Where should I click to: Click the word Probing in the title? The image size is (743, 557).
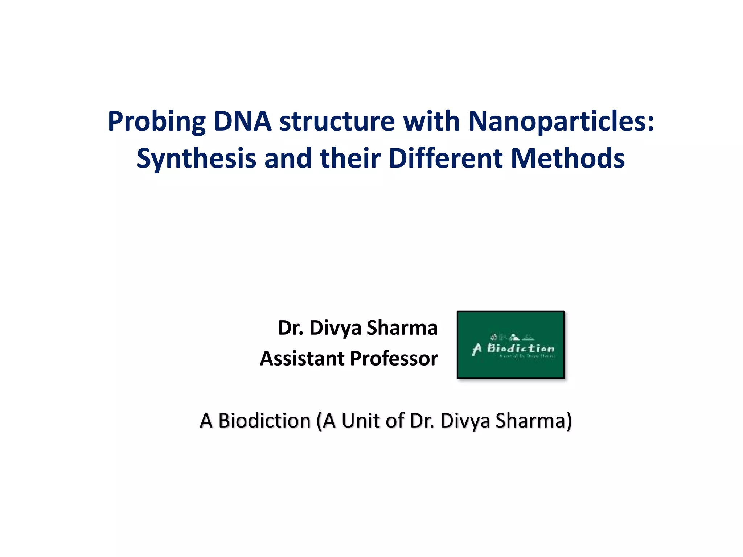pyautogui.click(x=157, y=121)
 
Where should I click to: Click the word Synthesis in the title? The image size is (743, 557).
pyautogui.click(x=196, y=159)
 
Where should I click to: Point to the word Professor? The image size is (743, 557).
pyautogui.click(x=394, y=358)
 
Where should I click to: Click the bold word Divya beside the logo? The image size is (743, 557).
pyautogui.click(x=335, y=328)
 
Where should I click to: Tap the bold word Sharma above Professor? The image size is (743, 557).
pyautogui.click(x=402, y=328)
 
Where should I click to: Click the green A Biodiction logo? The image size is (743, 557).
pyautogui.click(x=510, y=345)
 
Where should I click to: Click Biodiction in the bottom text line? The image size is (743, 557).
pyautogui.click(x=264, y=421)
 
